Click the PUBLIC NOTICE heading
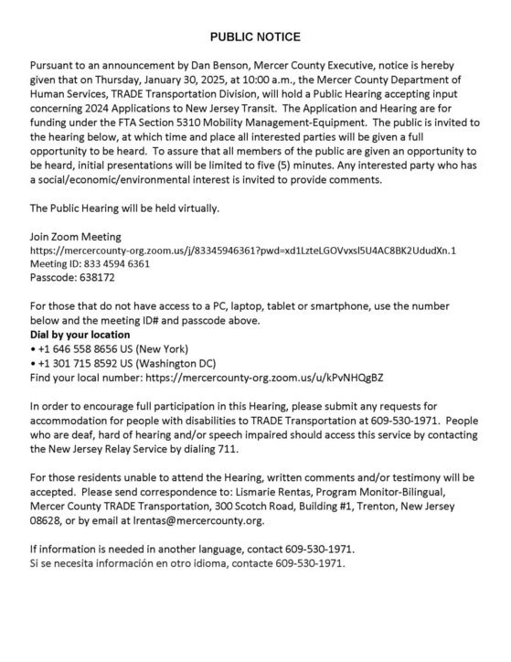tap(255, 37)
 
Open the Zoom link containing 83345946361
tap(243, 250)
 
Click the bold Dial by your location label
tap(80, 335)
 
